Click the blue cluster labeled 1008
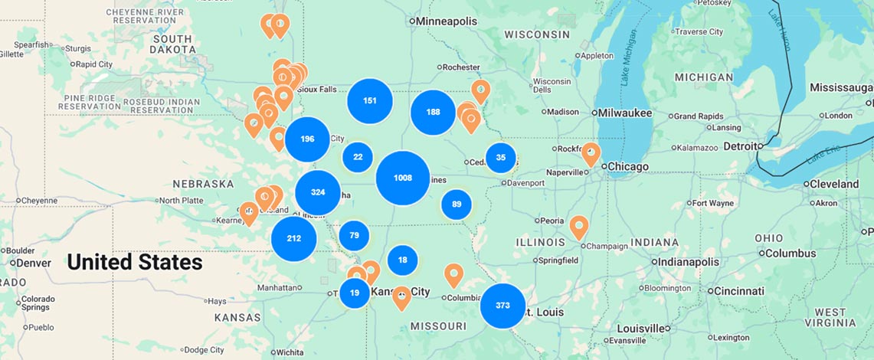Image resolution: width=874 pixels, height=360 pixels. [x=402, y=178]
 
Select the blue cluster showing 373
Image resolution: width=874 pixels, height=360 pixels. [x=502, y=305]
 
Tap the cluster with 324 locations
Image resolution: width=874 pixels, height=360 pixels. [x=317, y=192]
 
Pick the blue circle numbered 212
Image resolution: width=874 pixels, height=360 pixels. [x=293, y=238]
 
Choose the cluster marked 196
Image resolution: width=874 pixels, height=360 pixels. [x=307, y=139]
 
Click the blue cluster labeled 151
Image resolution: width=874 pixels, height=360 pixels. [x=370, y=100]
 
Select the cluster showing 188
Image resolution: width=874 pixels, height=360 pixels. [x=433, y=112]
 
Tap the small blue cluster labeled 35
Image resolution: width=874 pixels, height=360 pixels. [x=501, y=158]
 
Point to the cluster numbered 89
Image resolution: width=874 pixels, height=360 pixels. [x=457, y=205]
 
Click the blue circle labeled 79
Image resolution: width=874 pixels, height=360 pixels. [x=354, y=235]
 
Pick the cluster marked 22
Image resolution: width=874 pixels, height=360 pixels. [x=358, y=157]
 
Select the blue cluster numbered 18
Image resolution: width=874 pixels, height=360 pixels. [x=402, y=260]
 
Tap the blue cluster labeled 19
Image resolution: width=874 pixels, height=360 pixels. [x=355, y=293]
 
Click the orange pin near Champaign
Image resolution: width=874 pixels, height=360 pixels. [x=579, y=227]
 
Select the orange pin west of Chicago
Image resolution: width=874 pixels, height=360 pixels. [x=591, y=152]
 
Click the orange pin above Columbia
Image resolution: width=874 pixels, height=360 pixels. [x=453, y=274]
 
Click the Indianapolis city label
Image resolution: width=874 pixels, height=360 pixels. [x=689, y=262]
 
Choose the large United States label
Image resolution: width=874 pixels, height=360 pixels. [x=135, y=263]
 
